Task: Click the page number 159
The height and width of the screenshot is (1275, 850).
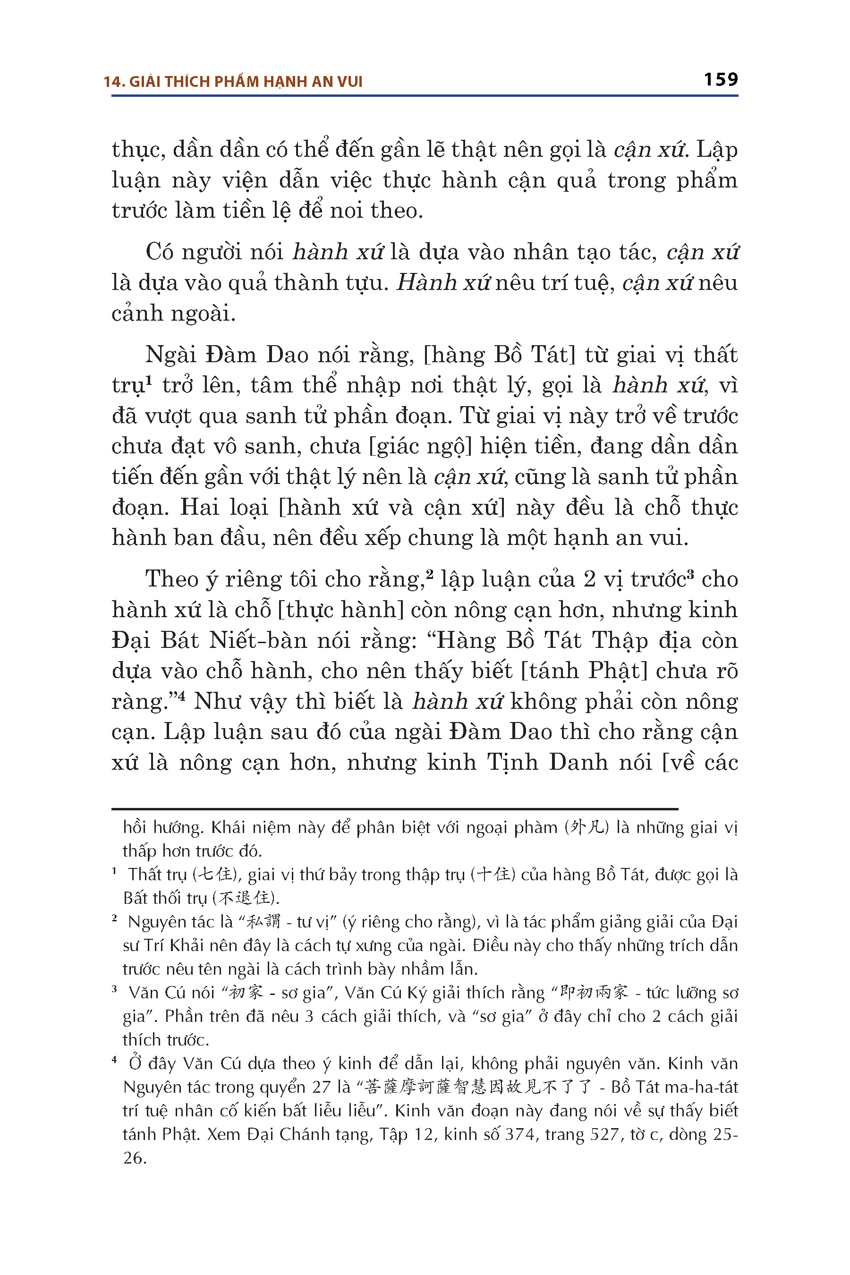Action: click(x=721, y=80)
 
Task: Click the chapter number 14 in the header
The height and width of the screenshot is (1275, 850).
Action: click(x=111, y=82)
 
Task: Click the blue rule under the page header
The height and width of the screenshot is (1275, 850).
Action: click(x=425, y=96)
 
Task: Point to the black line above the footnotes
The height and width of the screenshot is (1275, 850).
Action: click(x=395, y=809)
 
